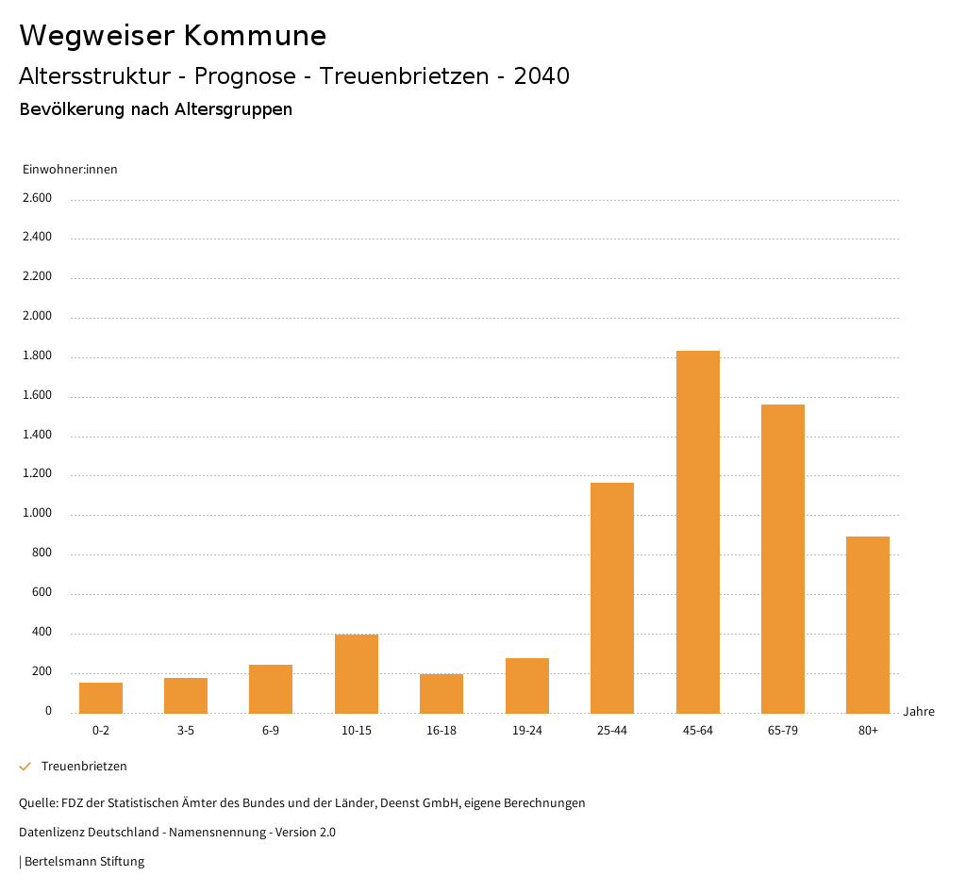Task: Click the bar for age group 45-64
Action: point(697,532)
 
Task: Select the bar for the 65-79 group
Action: point(783,558)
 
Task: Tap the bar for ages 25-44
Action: point(612,598)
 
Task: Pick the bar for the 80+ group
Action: point(868,624)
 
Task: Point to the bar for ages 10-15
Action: point(357,673)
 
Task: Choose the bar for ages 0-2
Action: point(101,698)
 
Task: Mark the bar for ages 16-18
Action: point(441,693)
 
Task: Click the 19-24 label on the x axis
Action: point(526,731)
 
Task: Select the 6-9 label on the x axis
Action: point(271,731)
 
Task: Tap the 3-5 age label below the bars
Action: point(186,731)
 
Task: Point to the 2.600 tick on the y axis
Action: point(37,198)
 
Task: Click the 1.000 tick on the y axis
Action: point(37,514)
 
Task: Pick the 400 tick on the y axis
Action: point(42,633)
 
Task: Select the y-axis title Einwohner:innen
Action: point(70,170)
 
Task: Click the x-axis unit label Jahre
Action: point(918,712)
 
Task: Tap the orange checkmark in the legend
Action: point(25,767)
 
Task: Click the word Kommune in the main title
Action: point(255,36)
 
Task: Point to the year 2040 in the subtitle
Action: point(541,76)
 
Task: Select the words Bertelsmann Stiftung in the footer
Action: point(84,862)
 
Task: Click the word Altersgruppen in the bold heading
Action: point(233,109)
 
